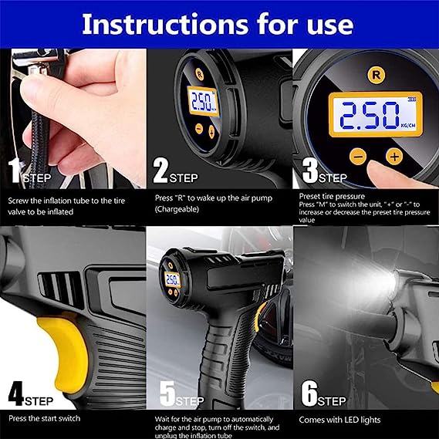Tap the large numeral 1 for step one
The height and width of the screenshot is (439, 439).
[15, 171]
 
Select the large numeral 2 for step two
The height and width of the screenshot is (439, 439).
[160, 171]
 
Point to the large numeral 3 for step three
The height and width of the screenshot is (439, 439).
[310, 171]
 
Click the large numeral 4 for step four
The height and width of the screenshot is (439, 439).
[16, 393]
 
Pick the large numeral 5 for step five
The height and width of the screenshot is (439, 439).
[167, 393]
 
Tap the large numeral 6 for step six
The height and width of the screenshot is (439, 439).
[309, 393]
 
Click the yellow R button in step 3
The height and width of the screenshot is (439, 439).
[377, 75]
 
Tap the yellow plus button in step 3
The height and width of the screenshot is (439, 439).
[394, 156]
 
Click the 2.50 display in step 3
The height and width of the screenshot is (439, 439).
[376, 114]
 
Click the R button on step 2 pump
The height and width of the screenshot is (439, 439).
[199, 75]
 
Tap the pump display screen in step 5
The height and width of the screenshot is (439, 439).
[171, 280]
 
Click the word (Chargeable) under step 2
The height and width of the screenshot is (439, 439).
[177, 209]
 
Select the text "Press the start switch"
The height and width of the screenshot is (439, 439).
[44, 419]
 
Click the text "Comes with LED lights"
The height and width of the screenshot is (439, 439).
[339, 420]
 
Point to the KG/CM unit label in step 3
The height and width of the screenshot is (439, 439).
[408, 126]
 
